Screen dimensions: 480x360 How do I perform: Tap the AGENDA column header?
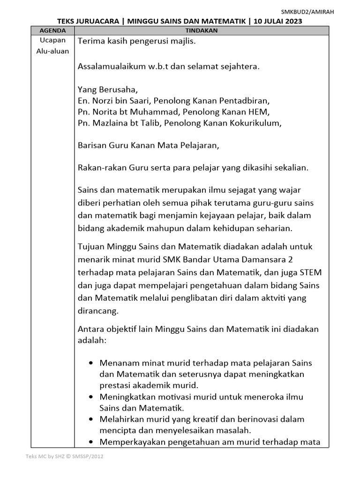pos(52,30)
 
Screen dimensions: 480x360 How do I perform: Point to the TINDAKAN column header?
pos(202,30)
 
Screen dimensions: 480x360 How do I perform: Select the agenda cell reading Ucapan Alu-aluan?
pos(52,46)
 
